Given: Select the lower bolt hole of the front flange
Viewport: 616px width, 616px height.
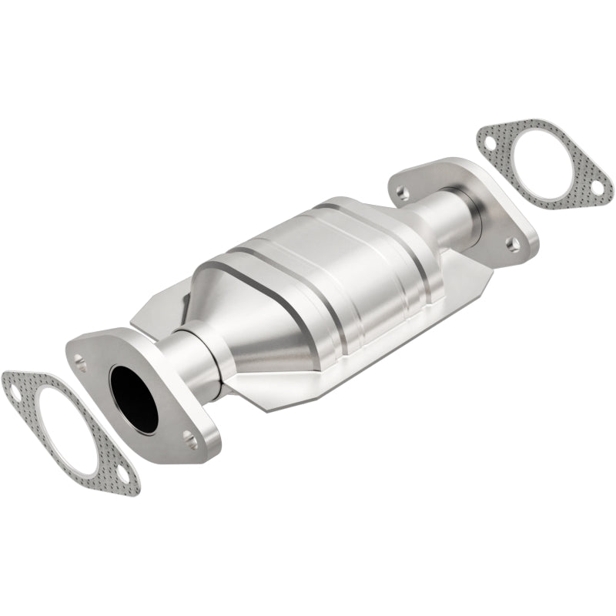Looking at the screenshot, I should tap(189, 441).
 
